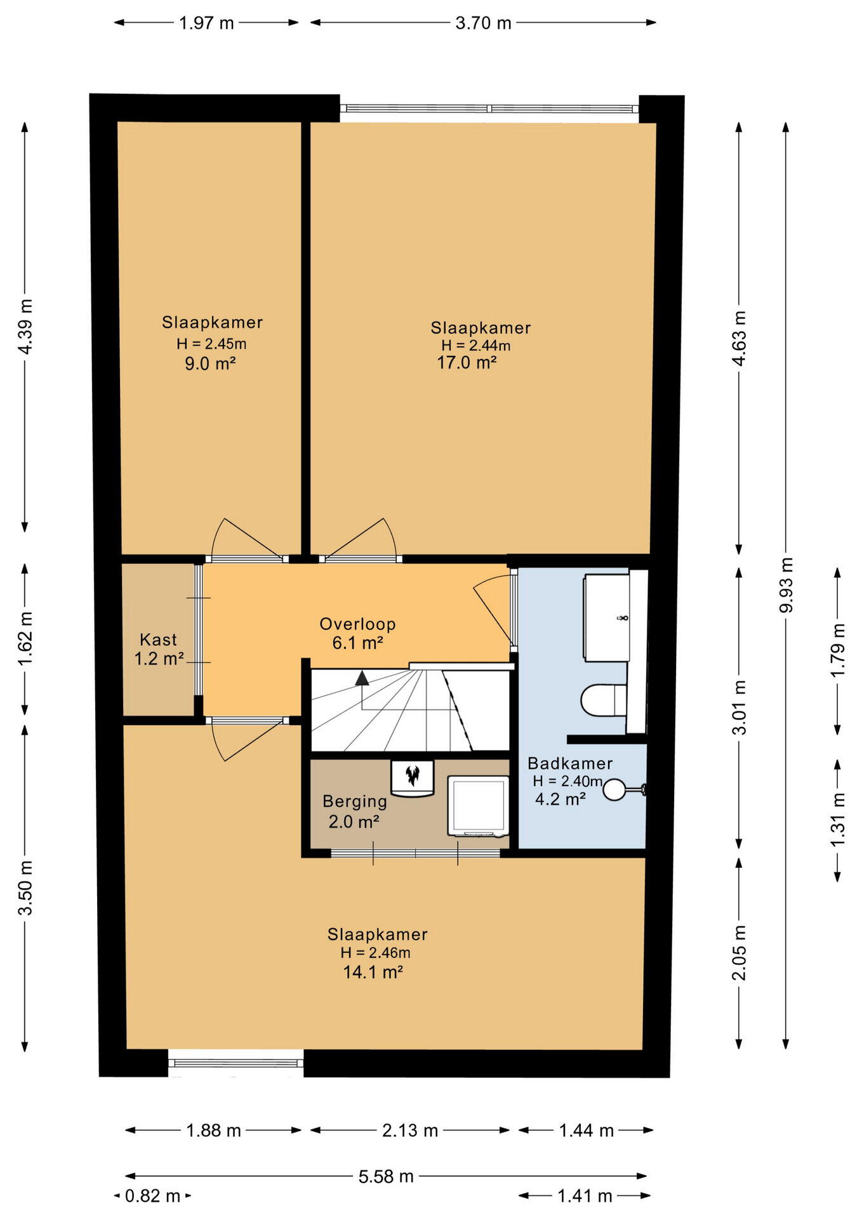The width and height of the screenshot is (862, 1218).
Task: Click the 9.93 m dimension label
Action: pos(786,584)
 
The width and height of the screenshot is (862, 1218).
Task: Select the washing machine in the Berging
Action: pos(479,806)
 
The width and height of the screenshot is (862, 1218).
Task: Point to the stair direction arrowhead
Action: pos(362,678)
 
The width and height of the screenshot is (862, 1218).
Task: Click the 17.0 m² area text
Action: pos(467,363)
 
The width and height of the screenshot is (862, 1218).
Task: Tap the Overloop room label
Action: pos(357,624)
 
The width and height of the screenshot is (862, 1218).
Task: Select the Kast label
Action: pos(158,639)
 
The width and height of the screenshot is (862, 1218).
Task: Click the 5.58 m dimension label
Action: pos(386,1177)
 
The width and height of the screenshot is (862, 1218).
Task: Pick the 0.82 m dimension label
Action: pos(152,1196)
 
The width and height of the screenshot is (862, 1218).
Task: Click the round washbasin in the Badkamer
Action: pos(614,789)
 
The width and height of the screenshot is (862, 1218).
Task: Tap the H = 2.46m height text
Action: pos(375,953)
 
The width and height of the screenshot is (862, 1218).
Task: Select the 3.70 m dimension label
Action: pos(483,23)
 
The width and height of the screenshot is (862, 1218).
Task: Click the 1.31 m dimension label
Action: pos(838,818)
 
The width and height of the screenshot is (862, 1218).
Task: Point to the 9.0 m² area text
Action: pos(210,364)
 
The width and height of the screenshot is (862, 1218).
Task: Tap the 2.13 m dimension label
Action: pos(410,1130)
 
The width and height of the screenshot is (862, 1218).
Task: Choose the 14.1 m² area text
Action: pos(373,972)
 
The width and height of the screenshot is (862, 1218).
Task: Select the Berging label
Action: pos(355,802)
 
